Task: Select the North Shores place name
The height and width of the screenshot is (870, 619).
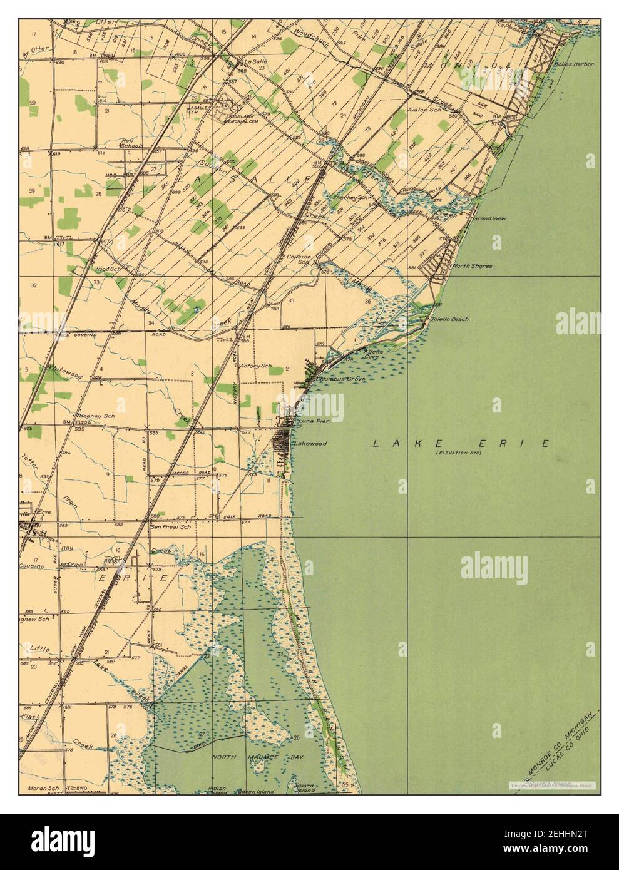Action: coord(473,265)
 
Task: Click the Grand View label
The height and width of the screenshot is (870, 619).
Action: coord(489,219)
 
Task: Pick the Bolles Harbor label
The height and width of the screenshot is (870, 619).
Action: coord(573,64)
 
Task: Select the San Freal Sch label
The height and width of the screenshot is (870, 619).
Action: coord(170,527)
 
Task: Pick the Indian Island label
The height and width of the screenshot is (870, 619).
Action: coord(217,790)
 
